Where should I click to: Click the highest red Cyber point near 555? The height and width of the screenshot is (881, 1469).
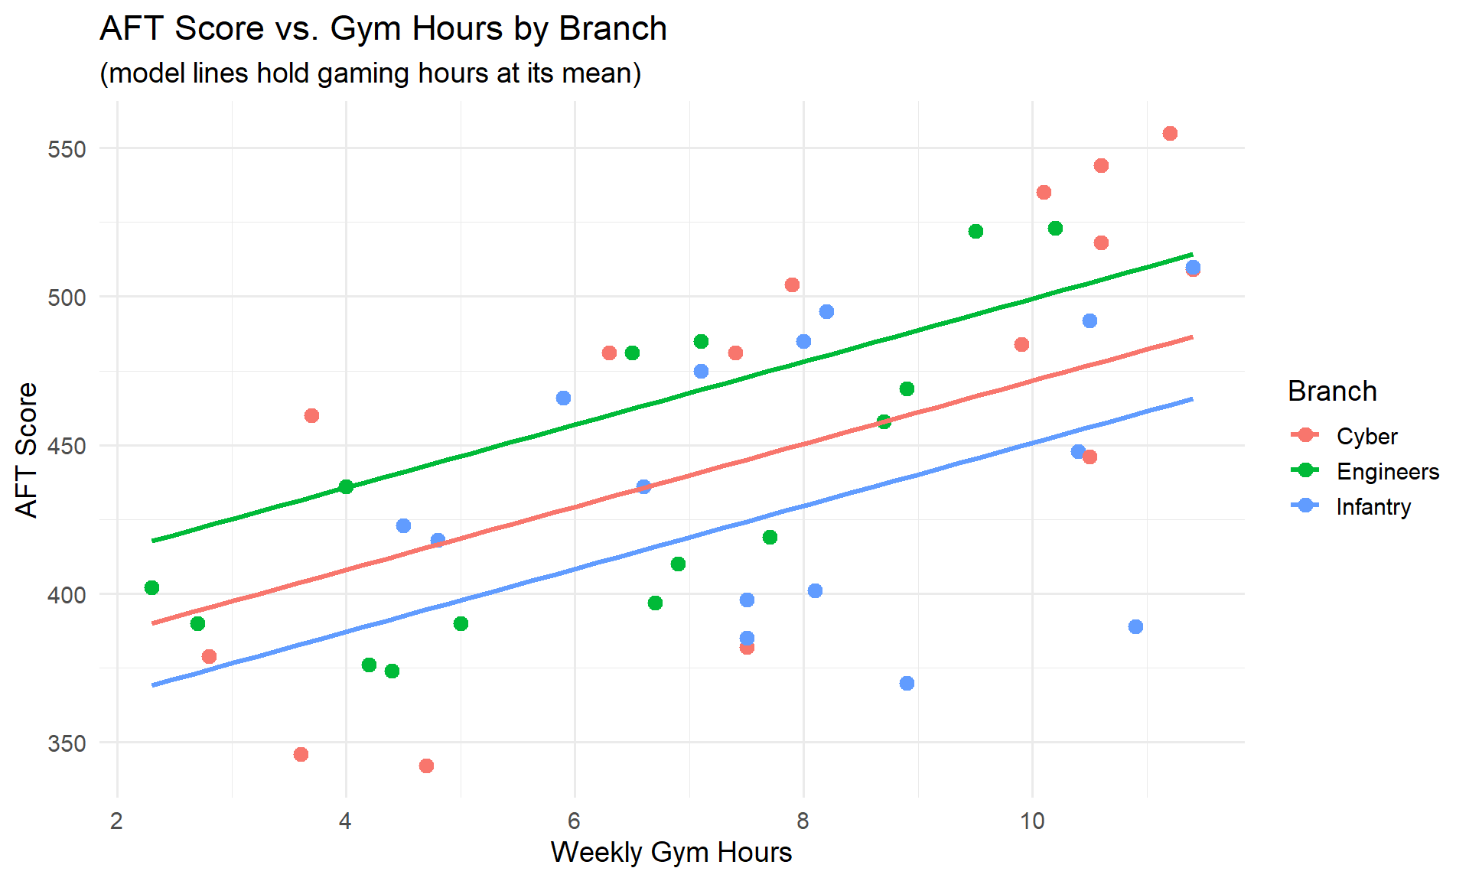coord(1170,134)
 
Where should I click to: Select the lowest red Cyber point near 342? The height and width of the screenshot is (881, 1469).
coord(426,766)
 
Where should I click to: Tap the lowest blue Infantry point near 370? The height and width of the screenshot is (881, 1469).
coord(907,683)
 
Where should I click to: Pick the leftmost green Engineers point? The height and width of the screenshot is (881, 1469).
coord(151,587)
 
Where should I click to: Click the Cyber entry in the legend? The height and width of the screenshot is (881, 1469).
coord(1366,436)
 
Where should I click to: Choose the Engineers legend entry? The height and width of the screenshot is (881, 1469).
coord(1387,472)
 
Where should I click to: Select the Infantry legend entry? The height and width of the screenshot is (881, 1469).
coord(1373,507)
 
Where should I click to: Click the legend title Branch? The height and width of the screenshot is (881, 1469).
coord(1332,391)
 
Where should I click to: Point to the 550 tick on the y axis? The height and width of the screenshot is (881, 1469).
coord(67,149)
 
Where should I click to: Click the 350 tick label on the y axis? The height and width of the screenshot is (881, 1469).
coord(67,743)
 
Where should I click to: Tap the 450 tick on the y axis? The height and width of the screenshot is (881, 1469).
coord(67,446)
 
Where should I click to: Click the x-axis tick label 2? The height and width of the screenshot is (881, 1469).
coord(116,821)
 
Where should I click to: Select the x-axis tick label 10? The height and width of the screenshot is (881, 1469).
coord(1032,821)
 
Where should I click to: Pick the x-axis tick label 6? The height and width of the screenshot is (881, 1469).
coord(574,821)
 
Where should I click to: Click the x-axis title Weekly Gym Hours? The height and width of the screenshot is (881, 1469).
coord(671,852)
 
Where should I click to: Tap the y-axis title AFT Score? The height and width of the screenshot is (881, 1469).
coord(27,450)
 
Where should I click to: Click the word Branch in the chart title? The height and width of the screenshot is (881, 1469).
coord(612,29)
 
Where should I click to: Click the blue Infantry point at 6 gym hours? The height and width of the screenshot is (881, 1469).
coord(563,398)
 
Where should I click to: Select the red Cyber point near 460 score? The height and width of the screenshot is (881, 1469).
coord(311,415)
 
